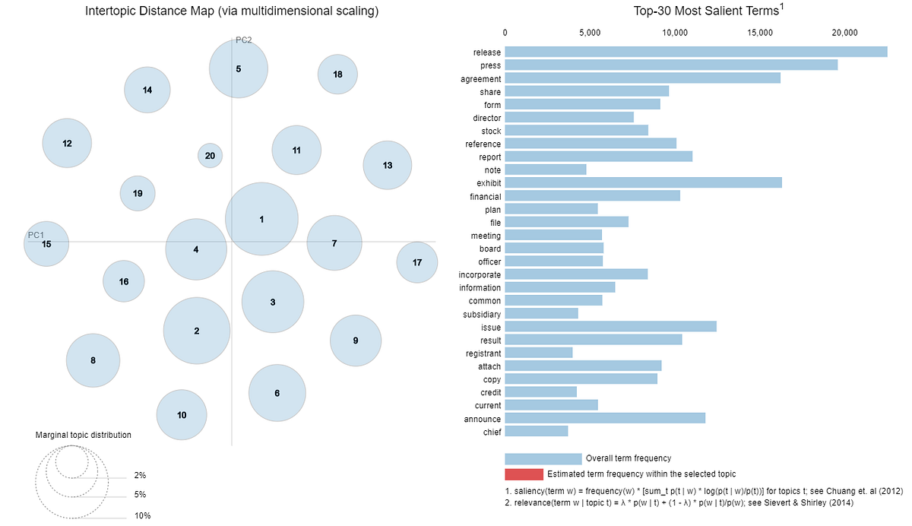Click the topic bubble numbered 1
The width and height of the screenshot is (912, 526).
pos(261,219)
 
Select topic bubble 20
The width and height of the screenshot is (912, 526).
pos(210,156)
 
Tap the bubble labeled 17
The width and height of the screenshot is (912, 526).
pos(416,262)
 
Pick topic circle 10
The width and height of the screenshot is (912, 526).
pos(182,415)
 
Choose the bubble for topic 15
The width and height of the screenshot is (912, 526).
pos(46,244)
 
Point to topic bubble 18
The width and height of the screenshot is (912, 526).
pos(337,74)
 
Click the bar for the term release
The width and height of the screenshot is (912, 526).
pos(695,52)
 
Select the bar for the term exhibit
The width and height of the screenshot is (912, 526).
pos(643,182)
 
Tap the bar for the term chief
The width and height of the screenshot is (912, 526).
pos(536,432)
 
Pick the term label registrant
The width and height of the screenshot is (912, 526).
pos(483,353)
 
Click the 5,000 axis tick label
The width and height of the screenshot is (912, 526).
pos(590,33)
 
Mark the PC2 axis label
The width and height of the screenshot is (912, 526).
pos(243,40)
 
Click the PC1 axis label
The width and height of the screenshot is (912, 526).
pos(36,235)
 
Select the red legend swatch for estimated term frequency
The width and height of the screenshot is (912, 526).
pos(524,474)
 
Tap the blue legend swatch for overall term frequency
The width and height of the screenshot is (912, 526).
pos(543,458)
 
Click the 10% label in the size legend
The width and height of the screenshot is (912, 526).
pos(142,516)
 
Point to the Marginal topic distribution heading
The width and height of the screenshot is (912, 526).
pos(83,435)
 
